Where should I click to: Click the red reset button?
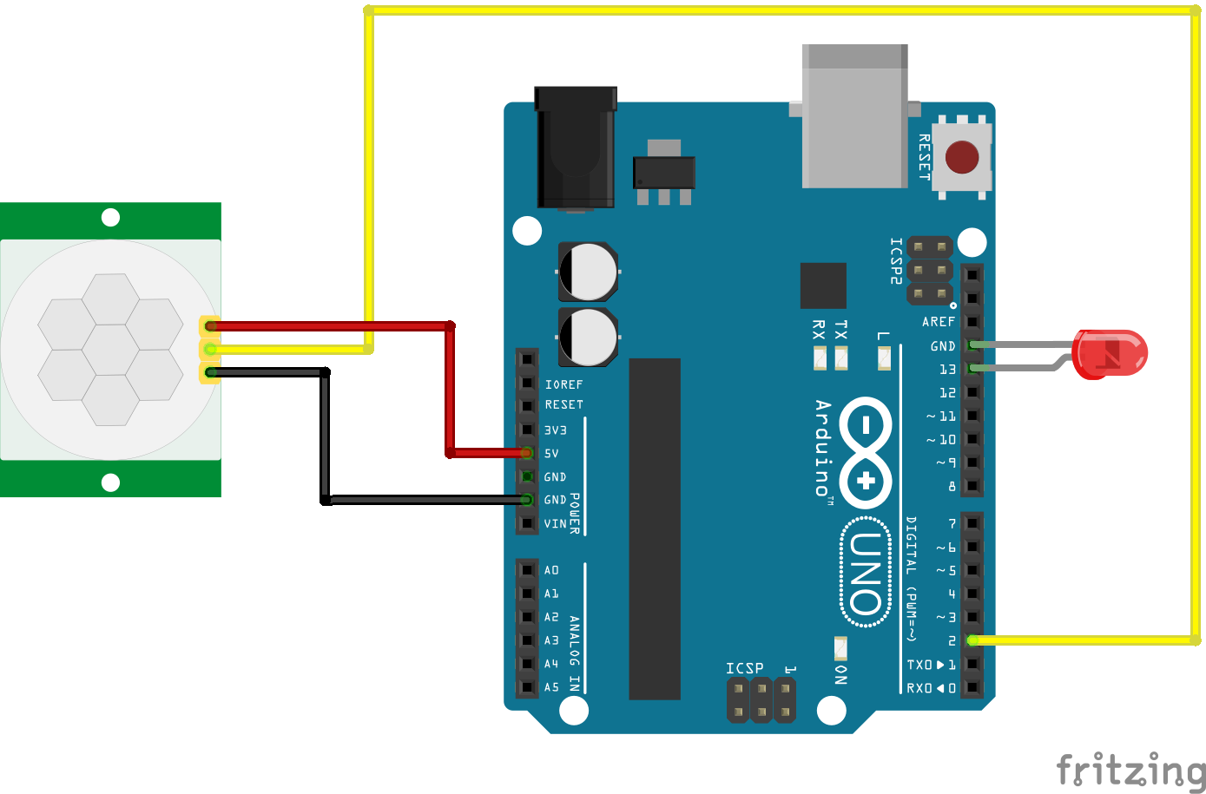click(961, 158)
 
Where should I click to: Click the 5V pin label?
click(551, 453)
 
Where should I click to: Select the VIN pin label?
click(555, 523)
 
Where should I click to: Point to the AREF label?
click(938, 322)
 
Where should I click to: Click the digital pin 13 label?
click(946, 370)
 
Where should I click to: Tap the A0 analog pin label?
click(551, 570)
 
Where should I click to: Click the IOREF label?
click(563, 384)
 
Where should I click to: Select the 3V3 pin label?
click(555, 430)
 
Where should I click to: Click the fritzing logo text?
click(1130, 770)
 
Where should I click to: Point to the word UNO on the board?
click(866, 574)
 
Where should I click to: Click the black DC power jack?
click(575, 148)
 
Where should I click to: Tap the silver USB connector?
click(854, 117)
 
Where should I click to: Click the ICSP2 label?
click(895, 261)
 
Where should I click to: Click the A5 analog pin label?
click(551, 687)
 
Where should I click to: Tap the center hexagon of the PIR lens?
click(110, 350)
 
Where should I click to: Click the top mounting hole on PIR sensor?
click(110, 217)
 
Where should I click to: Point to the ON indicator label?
click(840, 674)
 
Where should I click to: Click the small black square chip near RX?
click(823, 285)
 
